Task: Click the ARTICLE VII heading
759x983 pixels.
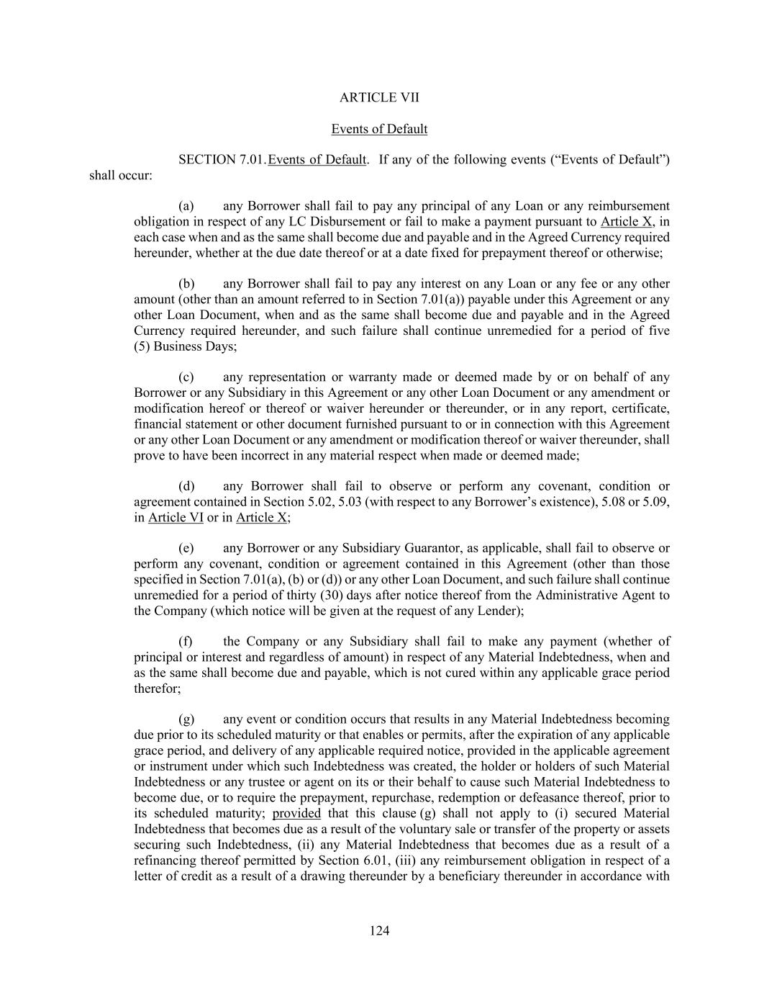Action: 379,97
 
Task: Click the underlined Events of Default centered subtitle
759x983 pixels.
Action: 379,129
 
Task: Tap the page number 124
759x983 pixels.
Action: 379,931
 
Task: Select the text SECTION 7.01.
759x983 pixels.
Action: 222,159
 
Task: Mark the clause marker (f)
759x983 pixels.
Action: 186,642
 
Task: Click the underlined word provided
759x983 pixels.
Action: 296,813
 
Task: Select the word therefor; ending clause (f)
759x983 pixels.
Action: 158,688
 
